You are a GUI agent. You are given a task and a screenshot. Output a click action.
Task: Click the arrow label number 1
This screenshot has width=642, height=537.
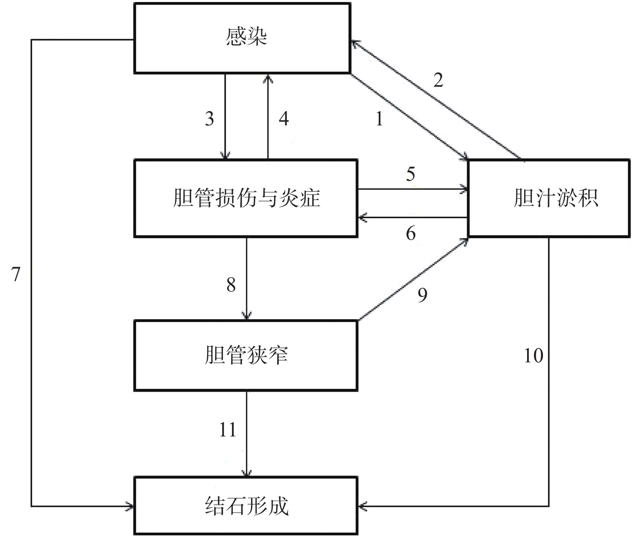379,119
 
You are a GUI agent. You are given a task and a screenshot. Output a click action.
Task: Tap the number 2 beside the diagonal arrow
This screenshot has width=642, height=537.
438,80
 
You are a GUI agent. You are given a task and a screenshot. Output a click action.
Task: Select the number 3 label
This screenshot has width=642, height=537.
209,119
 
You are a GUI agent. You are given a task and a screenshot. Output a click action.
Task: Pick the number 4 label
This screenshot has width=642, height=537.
284,119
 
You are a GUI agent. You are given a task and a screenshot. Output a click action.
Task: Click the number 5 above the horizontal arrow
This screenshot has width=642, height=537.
410,174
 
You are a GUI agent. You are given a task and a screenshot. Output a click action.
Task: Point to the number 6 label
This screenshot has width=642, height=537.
410,233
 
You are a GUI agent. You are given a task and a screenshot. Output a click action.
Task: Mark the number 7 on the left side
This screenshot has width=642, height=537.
15,275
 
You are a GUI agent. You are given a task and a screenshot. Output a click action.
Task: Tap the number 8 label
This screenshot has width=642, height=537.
231,285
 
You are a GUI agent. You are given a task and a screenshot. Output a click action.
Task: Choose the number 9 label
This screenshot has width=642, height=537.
422,295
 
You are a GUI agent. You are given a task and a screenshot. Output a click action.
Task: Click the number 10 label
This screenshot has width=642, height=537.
533,356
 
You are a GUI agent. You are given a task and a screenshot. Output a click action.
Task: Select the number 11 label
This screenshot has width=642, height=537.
227,430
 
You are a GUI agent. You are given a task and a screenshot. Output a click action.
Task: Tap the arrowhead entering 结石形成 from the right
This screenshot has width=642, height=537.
361,506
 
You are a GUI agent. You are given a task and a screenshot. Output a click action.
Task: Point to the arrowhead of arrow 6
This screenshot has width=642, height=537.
361,218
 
